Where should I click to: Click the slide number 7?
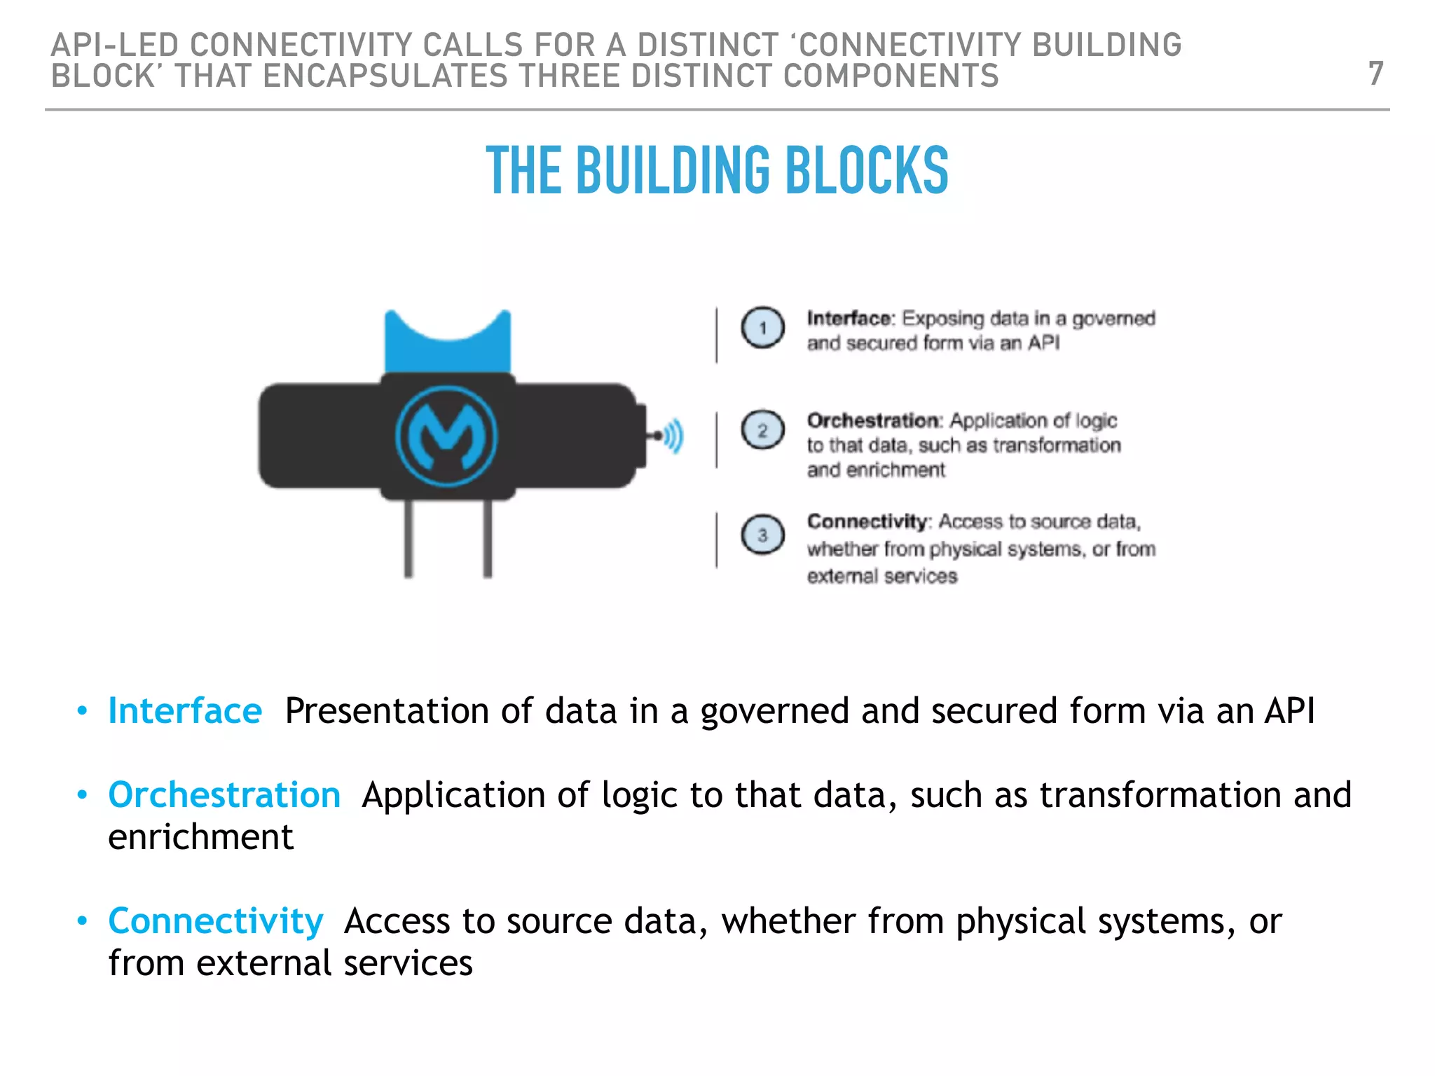(1375, 74)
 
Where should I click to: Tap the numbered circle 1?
(762, 328)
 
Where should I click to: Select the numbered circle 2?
(762, 429)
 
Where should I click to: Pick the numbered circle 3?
(762, 535)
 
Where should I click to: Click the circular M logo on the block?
(447, 436)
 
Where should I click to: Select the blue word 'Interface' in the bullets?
(185, 711)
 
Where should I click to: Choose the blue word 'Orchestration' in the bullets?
(224, 795)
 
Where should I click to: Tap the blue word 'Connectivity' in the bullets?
(216, 921)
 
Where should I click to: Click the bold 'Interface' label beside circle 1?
(850, 319)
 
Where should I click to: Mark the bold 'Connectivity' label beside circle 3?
(867, 522)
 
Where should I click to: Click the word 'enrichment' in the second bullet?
(200, 837)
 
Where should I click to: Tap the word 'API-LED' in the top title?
(115, 46)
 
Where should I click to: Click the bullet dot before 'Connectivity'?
(83, 920)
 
